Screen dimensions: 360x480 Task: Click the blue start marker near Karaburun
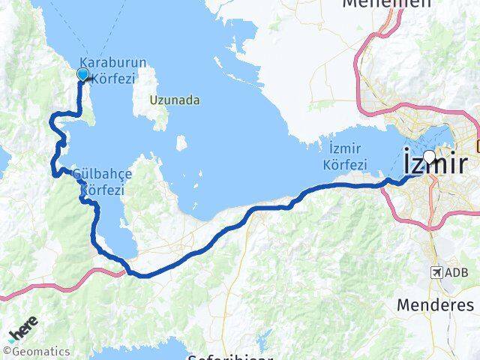[x=83, y=73]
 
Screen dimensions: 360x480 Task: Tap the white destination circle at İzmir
[x=429, y=156]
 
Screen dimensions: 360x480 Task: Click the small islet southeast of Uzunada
[x=181, y=142]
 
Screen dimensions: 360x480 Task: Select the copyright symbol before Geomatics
[x=7, y=351]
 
